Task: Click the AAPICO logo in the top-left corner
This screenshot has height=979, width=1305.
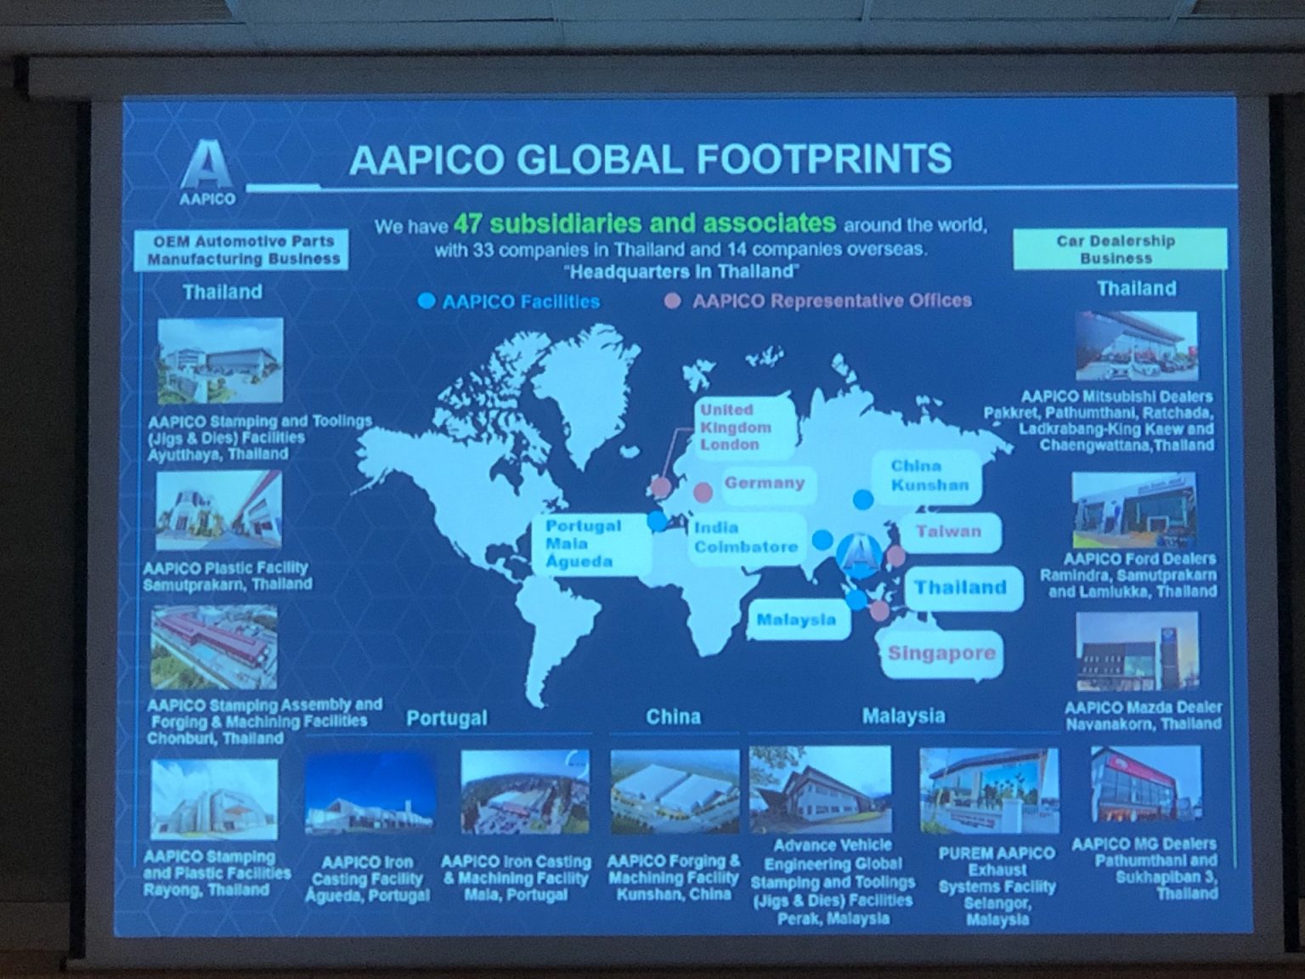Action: tap(206, 173)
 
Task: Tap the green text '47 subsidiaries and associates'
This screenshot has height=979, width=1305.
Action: tap(644, 224)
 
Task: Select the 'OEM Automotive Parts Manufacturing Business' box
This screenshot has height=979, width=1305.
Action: tap(242, 250)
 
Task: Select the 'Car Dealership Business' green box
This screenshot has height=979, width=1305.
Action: tap(1118, 250)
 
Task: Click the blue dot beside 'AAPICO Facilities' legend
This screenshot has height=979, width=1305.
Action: tap(427, 301)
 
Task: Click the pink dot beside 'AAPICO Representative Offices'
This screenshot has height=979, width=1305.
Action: tap(672, 301)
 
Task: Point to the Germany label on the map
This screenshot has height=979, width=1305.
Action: tap(764, 483)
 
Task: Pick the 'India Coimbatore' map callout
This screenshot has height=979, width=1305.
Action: tap(746, 537)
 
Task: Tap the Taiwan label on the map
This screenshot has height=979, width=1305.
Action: tap(948, 532)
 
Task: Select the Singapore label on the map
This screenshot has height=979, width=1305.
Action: tap(941, 654)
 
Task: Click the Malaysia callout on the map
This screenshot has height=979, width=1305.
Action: tap(796, 620)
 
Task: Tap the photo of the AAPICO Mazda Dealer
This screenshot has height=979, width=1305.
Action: tap(1138, 652)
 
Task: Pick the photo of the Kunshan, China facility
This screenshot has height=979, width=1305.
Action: tap(675, 791)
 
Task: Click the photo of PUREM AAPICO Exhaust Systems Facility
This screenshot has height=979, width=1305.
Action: tap(989, 791)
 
